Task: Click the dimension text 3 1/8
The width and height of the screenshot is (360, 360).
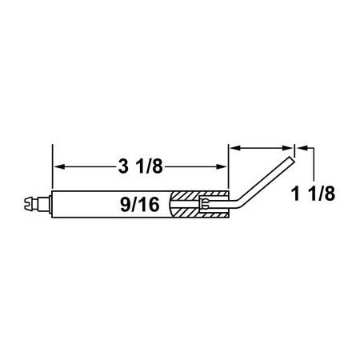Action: [140, 167]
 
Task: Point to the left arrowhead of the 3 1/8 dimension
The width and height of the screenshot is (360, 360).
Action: [58, 167]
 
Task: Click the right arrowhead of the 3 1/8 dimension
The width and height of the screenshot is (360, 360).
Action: [223, 167]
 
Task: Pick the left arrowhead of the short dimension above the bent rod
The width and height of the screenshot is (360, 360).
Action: [234, 148]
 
